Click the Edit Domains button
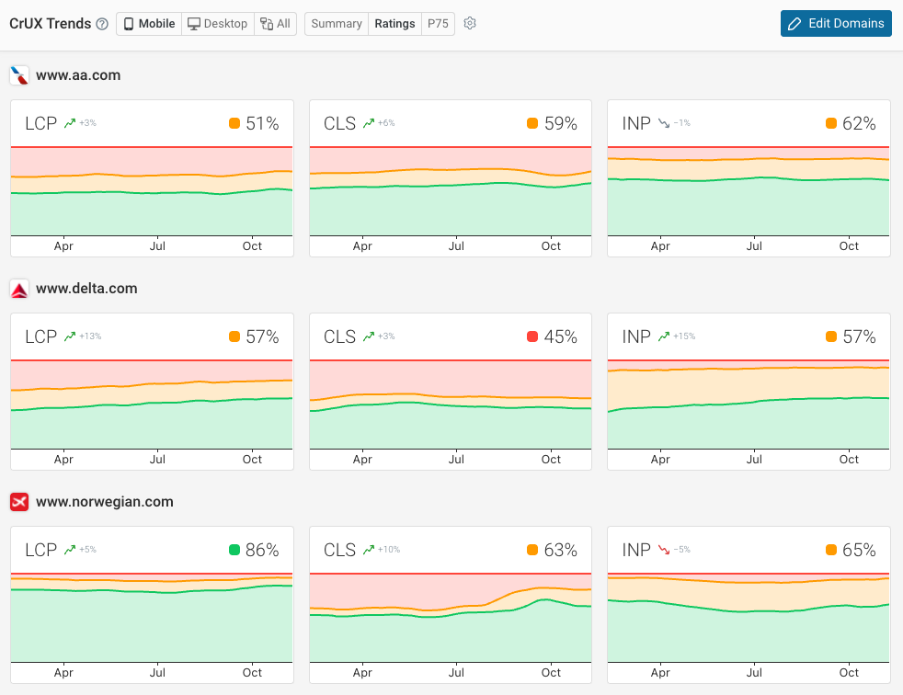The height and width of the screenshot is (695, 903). coord(836,24)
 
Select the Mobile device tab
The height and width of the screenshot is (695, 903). coord(149,24)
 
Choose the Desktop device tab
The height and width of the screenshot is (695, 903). coord(217,24)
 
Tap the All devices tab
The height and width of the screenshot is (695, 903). coord(275,24)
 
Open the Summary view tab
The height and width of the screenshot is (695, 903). coord(336,24)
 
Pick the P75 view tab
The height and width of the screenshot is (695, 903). coord(438,24)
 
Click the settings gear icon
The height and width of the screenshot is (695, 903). coord(470,24)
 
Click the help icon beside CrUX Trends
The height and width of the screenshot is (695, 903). coord(102,24)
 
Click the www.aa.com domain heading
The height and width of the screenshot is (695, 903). coord(78,75)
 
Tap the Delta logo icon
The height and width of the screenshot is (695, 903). coord(18,290)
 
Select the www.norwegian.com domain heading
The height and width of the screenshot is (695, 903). coord(104,502)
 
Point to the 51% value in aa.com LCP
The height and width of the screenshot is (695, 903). coord(262,124)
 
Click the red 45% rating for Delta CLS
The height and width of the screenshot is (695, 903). coord(560,337)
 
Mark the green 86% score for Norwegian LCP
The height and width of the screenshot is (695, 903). coord(262,551)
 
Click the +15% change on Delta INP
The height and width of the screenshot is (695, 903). coord(684,337)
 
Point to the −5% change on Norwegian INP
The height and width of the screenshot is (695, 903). coord(681,551)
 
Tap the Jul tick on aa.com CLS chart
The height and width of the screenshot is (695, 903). coord(456,246)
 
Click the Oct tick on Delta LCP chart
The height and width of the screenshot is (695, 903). coord(252,460)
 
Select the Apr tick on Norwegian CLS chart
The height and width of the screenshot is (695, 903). coord(362,673)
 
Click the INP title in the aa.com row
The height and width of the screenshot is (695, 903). coord(636,124)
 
